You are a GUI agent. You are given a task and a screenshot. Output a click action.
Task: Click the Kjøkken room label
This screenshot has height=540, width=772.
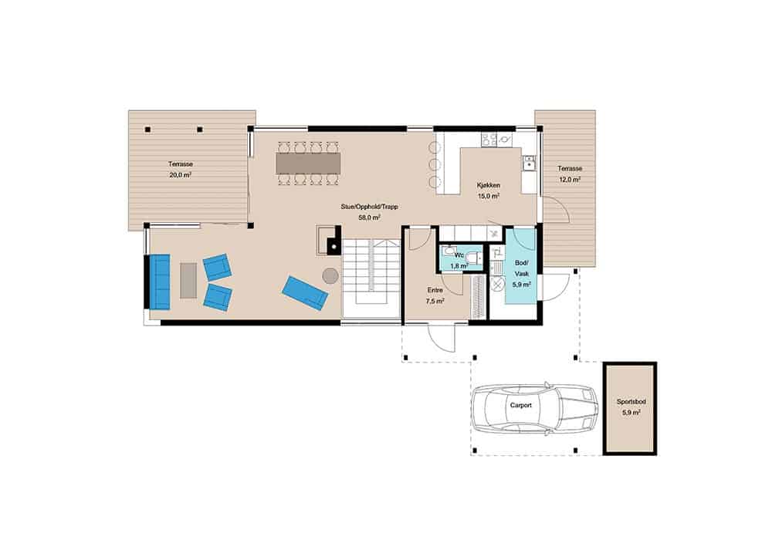[x=488, y=185]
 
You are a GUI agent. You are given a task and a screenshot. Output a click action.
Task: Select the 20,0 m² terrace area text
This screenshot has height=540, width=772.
[x=180, y=174]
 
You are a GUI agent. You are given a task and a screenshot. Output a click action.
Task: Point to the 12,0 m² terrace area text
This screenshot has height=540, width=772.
[x=569, y=180]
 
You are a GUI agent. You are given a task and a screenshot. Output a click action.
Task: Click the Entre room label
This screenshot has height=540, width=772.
[x=435, y=291]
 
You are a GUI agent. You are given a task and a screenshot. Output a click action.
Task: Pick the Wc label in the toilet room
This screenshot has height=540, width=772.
[x=459, y=255]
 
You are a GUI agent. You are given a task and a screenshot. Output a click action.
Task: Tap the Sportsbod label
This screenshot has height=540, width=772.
[x=631, y=402]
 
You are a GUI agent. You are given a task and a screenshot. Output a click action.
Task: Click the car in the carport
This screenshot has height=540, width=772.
[x=534, y=407]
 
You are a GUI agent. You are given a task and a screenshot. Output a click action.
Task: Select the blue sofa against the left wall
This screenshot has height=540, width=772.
[x=160, y=282]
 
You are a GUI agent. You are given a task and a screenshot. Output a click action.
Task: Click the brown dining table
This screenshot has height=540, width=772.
[x=308, y=164]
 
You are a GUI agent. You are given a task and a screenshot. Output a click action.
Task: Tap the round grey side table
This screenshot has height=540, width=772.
[x=330, y=276]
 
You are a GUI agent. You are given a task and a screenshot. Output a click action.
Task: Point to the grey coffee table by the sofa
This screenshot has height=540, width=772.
[x=188, y=280]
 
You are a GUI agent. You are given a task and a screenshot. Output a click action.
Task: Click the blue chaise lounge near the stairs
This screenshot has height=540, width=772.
[x=305, y=293]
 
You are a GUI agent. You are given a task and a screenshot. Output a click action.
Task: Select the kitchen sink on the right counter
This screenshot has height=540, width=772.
[x=529, y=163]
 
